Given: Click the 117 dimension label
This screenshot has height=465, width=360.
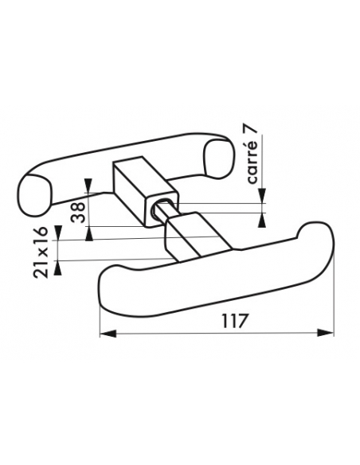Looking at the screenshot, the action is point(234,321).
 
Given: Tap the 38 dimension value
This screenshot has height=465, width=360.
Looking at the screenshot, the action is point(78,213).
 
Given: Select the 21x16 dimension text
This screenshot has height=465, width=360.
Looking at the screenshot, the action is point(41,252).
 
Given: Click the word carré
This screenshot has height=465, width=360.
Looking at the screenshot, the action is point(252,162).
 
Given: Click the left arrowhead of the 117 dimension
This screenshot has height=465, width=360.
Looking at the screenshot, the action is point(108,333).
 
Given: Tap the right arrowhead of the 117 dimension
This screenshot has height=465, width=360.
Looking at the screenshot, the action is point(325,333).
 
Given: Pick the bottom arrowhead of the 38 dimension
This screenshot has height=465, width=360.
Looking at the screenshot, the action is point(89,234).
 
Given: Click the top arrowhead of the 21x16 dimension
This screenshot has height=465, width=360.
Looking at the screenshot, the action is point(58,232).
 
